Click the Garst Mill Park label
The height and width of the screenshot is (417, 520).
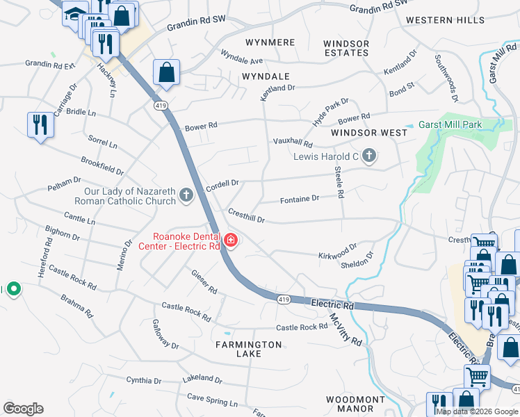pyautogui.click(x=460, y=125)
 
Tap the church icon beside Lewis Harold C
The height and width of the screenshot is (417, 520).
pyautogui.click(x=369, y=156)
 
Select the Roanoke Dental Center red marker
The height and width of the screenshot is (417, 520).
pyautogui.click(x=231, y=242)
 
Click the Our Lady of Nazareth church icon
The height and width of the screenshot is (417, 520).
pyautogui.click(x=186, y=196)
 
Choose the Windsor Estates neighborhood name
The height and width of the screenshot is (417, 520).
pyautogui.click(x=346, y=48)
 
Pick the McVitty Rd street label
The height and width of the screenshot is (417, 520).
pyautogui.click(x=346, y=330)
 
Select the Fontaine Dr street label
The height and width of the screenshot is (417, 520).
pyautogui.click(x=299, y=199)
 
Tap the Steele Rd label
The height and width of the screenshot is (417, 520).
pyautogui.click(x=339, y=183)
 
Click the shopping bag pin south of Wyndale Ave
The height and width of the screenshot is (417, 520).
pyautogui.click(x=168, y=72)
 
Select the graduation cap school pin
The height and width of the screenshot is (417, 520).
pyautogui.click(x=73, y=15)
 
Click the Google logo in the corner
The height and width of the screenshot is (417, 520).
pyautogui.click(x=23, y=409)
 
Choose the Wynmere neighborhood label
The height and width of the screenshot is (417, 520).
pyautogui.click(x=270, y=42)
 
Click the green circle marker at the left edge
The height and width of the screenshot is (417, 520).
pyautogui.click(x=13, y=289)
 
